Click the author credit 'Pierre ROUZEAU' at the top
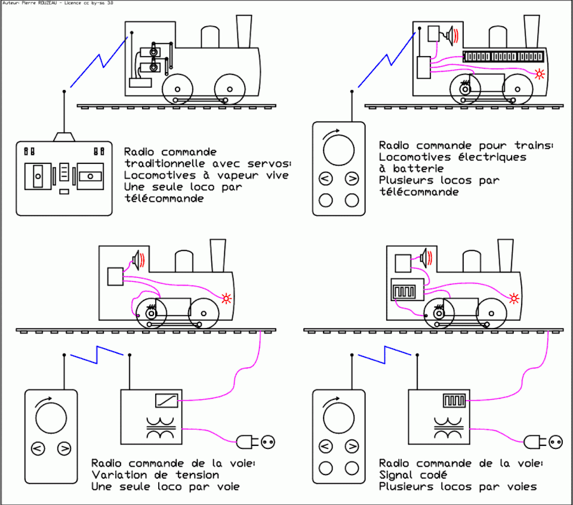tap(35, 3)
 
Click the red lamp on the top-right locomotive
tap(540, 74)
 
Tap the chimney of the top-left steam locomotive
tap(244, 31)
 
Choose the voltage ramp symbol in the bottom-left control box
tap(164, 401)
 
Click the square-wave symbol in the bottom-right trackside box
tap(453, 400)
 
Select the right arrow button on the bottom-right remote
tap(352, 446)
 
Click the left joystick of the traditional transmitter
tap(37, 176)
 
